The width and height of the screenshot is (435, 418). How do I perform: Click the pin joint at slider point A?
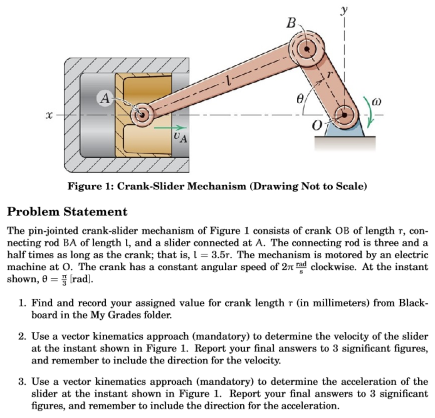[141, 115]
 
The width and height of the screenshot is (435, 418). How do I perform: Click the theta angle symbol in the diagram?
[299, 100]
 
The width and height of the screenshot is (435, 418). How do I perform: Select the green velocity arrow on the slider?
[170, 127]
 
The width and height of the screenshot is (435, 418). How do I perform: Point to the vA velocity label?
[180, 137]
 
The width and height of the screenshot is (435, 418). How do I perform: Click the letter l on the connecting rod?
[229, 80]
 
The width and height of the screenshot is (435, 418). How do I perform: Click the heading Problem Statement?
[68, 211]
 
